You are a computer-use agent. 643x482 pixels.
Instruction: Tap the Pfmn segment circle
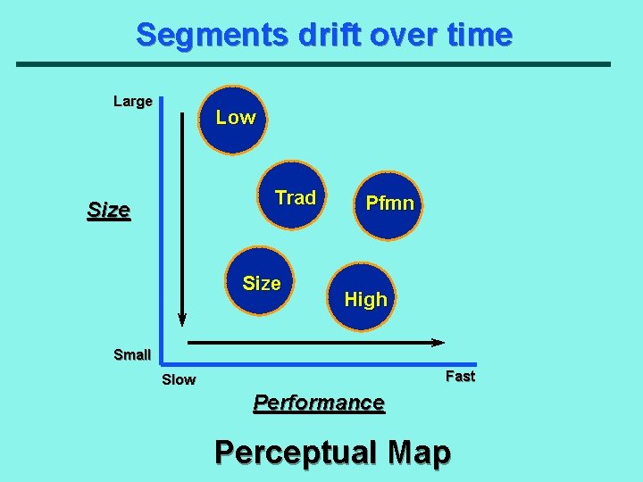click(388, 204)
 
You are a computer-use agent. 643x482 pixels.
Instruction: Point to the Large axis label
click(132, 102)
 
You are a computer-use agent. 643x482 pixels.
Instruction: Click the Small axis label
click(132, 354)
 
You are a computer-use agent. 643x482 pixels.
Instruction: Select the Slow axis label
click(179, 380)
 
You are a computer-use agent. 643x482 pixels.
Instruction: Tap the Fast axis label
click(460, 377)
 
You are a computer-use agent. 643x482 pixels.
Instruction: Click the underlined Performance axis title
click(319, 403)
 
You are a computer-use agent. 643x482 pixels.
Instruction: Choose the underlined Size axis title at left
click(108, 212)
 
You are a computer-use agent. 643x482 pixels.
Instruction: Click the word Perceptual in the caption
click(296, 453)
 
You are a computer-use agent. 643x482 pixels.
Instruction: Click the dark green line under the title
click(313, 64)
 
